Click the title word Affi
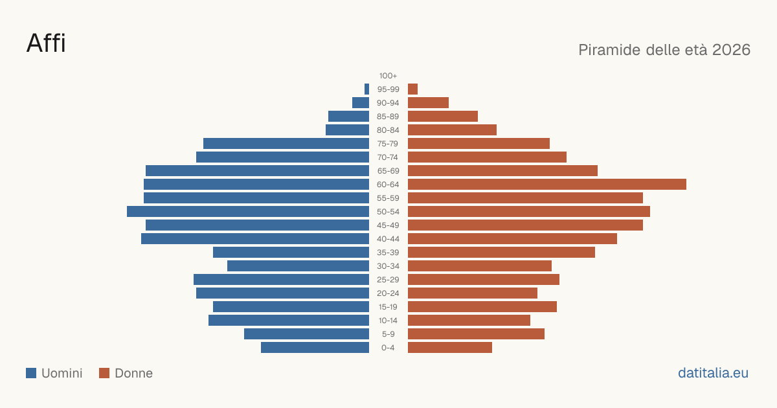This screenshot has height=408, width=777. (46, 43)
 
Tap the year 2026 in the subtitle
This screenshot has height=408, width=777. (731, 50)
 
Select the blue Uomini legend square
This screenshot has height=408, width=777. (31, 373)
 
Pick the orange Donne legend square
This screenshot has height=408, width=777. (104, 373)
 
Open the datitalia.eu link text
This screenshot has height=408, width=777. (713, 373)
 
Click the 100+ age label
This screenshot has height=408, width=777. (388, 76)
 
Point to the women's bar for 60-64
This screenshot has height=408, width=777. (547, 184)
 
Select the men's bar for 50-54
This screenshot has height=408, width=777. (248, 212)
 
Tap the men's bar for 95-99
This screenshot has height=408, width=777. (366, 89)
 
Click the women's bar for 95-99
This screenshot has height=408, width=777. (413, 89)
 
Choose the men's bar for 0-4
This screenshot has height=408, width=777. (315, 348)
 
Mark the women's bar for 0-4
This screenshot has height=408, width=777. (450, 348)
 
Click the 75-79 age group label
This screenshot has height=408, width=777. (388, 144)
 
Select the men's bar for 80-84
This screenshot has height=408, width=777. (347, 130)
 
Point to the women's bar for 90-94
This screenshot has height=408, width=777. (429, 103)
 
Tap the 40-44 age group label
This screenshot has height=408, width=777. (388, 239)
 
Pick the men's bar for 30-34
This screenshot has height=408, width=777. (298, 266)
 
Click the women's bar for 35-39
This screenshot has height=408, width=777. (501, 253)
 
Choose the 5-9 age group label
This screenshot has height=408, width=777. (388, 334)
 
